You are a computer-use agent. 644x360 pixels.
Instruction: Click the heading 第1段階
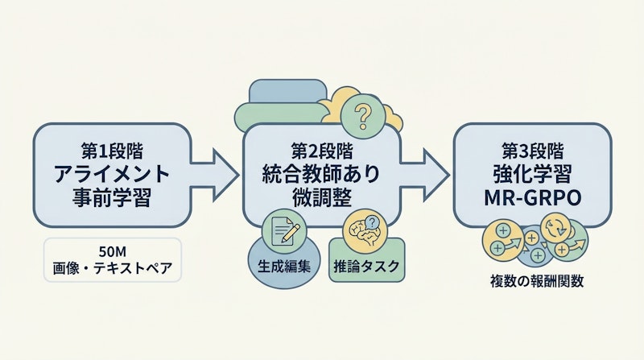click(111, 150)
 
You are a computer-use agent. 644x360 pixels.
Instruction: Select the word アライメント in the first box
click(111, 172)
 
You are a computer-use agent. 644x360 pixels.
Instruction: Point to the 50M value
click(111, 248)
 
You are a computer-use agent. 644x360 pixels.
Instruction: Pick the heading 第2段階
click(322, 150)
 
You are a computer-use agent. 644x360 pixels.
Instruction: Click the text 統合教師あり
click(322, 172)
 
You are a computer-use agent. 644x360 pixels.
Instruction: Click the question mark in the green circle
click(361, 118)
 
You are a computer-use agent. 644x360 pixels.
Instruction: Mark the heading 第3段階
click(531, 150)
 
